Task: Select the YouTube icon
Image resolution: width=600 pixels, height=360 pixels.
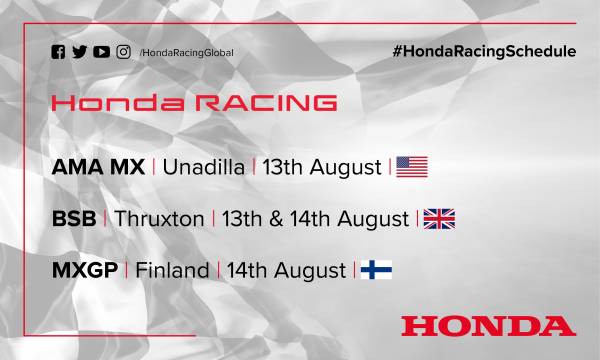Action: click(x=102, y=52)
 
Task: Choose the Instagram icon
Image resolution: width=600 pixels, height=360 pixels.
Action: click(x=123, y=52)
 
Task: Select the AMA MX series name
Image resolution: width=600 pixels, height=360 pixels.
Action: click(x=97, y=166)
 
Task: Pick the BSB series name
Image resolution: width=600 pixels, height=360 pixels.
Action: click(x=73, y=218)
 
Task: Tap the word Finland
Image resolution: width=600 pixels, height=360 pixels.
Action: click(x=172, y=270)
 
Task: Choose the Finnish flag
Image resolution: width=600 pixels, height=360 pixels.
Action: click(x=376, y=270)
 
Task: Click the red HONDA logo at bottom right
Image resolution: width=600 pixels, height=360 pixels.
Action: click(x=488, y=325)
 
